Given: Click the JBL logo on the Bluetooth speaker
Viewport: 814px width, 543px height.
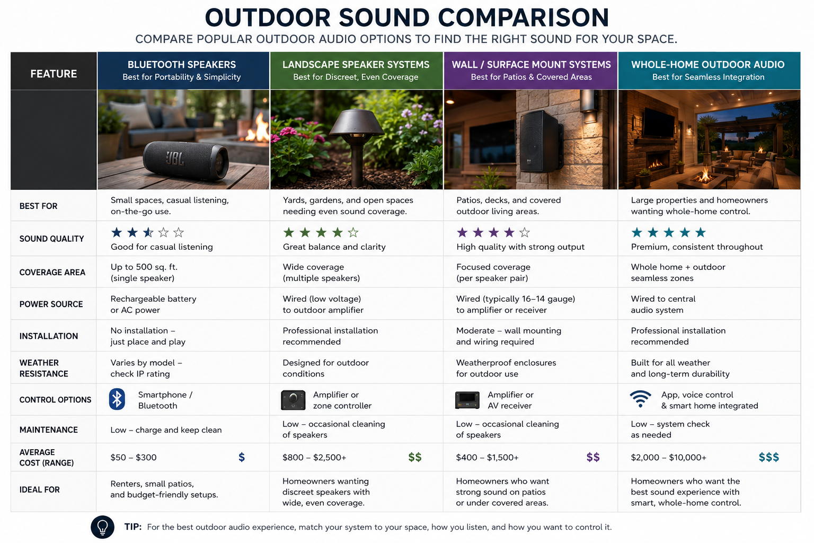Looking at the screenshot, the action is pos(175,159).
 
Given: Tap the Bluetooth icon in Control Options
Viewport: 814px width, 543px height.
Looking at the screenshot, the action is pos(117,399).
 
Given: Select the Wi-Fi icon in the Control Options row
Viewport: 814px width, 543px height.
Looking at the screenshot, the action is pos(640,399).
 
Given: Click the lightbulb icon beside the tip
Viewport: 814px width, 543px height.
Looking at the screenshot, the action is pos(102,527).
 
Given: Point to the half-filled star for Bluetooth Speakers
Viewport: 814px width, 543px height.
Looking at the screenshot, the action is pos(148,232).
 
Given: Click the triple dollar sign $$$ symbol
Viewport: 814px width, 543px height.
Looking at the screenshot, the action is pos(768,457).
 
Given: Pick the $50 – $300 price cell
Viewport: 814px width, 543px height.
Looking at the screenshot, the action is pos(134,457).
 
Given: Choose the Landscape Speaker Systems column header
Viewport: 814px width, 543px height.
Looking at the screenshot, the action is pos(356,71).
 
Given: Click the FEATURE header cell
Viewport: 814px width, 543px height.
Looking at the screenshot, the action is pos(54,71).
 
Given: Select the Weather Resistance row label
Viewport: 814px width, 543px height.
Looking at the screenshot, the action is pos(44,368).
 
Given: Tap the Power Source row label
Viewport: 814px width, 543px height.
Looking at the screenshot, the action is pos(51,304).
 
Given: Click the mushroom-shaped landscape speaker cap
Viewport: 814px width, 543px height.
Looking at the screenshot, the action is pos(357,122).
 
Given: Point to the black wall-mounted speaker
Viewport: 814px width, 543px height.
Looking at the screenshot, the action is pos(541,141).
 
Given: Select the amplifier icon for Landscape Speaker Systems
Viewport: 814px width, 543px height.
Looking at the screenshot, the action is pos(293,400).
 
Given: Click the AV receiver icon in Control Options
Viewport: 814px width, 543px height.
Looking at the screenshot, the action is pos(467,400).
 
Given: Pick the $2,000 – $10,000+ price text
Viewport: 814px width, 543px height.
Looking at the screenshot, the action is pos(669,457).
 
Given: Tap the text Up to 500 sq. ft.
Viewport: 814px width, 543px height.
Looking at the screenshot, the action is pos(144,267).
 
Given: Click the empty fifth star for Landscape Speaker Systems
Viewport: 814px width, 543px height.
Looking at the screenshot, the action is pos(353,232).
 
